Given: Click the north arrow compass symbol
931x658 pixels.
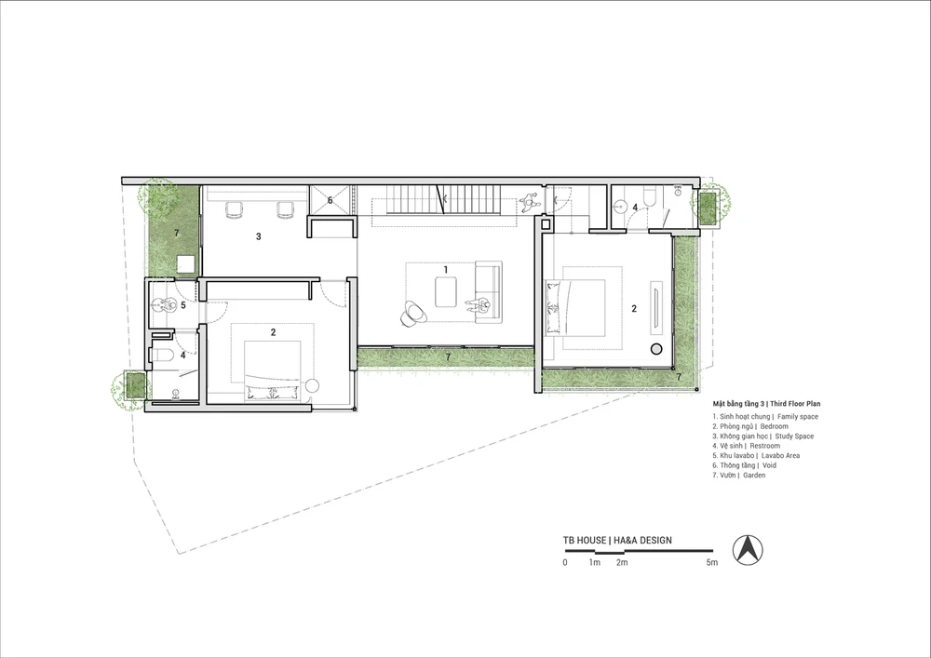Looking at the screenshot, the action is [x=748, y=549].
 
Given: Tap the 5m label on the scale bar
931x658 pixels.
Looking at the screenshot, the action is [x=712, y=562].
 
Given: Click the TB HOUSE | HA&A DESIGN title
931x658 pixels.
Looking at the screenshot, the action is [x=617, y=540].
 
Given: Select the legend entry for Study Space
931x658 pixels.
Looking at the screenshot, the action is [x=763, y=436].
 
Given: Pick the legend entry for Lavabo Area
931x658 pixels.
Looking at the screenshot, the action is [x=756, y=456].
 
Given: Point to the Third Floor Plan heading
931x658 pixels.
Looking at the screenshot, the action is [x=766, y=404].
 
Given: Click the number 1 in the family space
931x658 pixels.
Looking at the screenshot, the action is [x=446, y=269].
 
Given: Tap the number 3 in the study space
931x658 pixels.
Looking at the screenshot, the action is [x=258, y=236].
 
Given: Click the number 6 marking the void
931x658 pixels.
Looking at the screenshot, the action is [x=331, y=200].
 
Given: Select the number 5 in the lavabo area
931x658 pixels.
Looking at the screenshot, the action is [x=182, y=305].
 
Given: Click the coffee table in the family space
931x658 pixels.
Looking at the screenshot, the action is [x=446, y=292].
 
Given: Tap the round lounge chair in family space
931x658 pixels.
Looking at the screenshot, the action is [x=413, y=314].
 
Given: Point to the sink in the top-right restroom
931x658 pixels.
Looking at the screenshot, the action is [x=620, y=207].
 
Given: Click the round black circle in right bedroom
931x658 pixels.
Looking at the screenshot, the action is [x=656, y=349].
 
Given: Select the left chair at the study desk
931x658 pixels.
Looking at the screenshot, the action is [x=234, y=208].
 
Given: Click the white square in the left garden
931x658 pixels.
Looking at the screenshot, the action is [x=187, y=262].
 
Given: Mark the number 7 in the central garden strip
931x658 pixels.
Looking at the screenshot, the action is [x=449, y=356].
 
